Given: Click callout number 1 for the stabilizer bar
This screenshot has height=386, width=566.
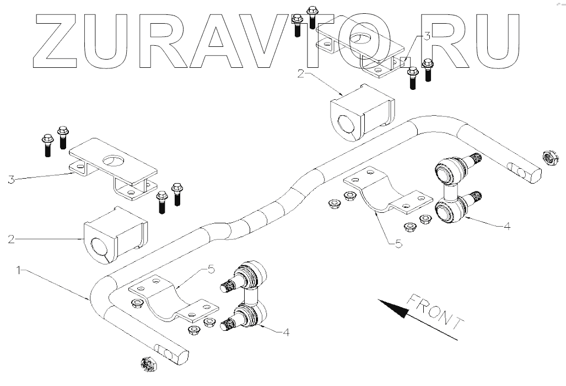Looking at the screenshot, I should tap(19, 270).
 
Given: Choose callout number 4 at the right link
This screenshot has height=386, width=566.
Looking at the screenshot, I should tap(507, 226).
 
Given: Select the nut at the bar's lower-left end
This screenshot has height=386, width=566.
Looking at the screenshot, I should tap(147, 363).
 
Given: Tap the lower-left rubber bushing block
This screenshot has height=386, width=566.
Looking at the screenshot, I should tap(115, 235).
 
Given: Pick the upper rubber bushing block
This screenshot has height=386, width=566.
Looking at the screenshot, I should tap(362, 113).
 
